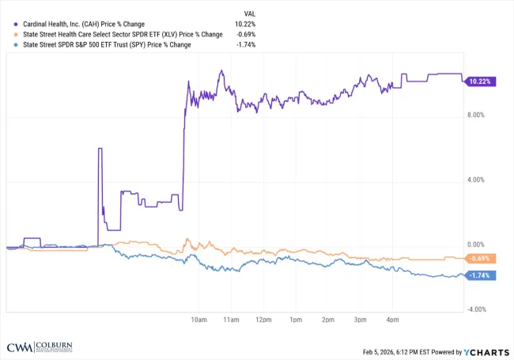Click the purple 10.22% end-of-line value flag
(x=480, y=81)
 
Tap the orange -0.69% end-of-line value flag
(x=480, y=259)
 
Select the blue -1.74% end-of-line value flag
(x=480, y=275)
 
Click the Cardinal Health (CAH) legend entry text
(x=83, y=24)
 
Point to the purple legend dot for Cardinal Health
(x=15, y=24)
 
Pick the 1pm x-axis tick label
(x=295, y=319)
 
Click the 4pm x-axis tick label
(x=391, y=319)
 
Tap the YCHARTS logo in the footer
(x=486, y=351)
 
